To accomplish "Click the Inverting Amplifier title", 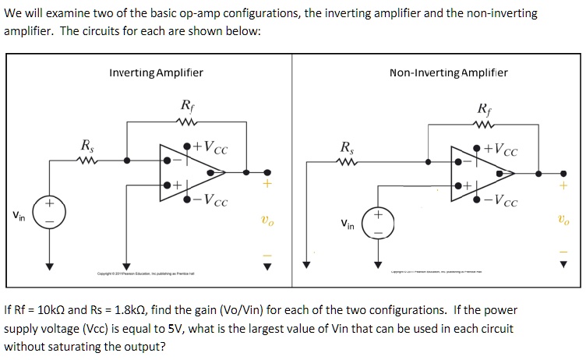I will coord(156,72).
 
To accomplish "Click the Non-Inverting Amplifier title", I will coord(448,72).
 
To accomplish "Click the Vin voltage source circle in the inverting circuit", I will coord(49,213).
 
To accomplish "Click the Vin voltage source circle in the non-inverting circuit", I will coord(379,219).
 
